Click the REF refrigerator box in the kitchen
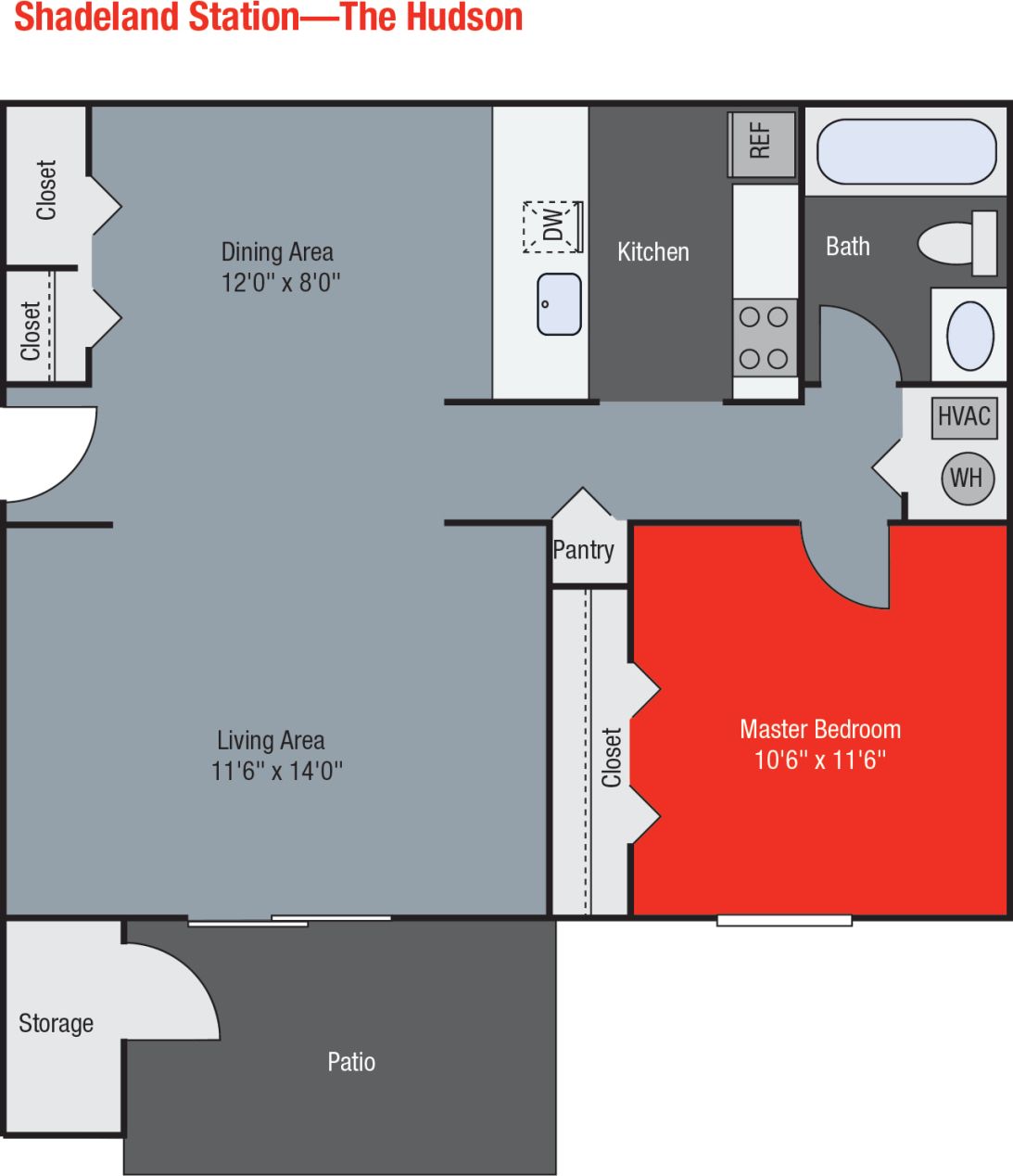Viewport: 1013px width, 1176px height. coord(762,144)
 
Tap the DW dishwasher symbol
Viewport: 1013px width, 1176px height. coord(552,225)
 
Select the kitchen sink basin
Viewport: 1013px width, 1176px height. coord(560,304)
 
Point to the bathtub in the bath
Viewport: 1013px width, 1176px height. coord(905,151)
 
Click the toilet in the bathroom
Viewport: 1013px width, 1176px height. coord(956,243)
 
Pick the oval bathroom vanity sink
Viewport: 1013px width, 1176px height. coord(969,335)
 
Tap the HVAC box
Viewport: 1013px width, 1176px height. coord(964,416)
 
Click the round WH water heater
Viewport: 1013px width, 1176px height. coord(966,478)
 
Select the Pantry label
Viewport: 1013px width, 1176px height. coord(583,550)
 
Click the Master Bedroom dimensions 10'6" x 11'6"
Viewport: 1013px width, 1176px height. coord(820,761)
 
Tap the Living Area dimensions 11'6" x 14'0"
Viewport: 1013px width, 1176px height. coord(277,771)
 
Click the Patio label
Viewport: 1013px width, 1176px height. coord(351,1062)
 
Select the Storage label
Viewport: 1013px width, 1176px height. coord(56,1024)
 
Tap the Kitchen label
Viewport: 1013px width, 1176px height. coord(653,252)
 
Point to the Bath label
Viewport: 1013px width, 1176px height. coord(848,247)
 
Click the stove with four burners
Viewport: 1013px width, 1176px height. coord(765,338)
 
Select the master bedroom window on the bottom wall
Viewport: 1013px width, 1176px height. coord(784,921)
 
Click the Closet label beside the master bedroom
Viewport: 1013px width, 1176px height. coord(612,758)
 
